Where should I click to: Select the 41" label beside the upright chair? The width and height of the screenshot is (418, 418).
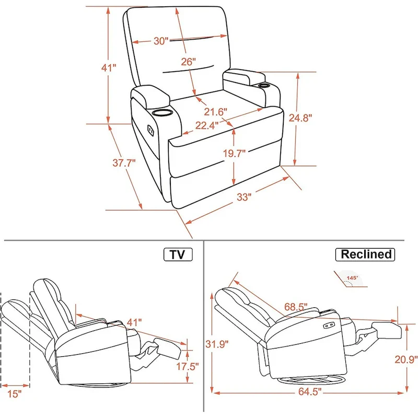(108, 67)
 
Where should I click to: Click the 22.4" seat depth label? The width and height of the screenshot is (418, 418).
(207, 125)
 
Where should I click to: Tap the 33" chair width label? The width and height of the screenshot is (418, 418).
(244, 197)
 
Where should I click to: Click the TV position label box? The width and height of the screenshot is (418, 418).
(178, 254)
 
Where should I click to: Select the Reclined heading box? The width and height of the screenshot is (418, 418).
(365, 254)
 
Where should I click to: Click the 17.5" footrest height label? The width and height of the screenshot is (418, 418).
(187, 366)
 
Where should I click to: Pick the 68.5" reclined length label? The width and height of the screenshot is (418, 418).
(295, 306)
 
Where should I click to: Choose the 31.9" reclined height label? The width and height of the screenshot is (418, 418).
(213, 343)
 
